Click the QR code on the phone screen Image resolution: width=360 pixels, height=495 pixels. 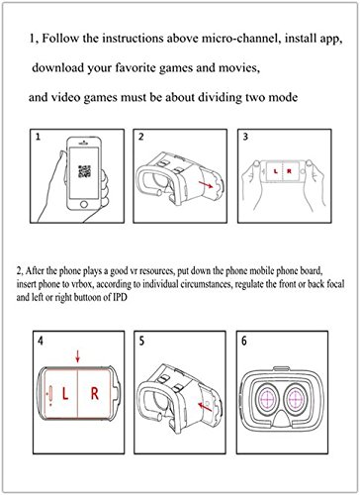click(x=84, y=171)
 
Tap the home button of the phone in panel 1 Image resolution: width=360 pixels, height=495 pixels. click(x=84, y=204)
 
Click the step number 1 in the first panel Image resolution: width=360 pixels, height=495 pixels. click(x=38, y=137)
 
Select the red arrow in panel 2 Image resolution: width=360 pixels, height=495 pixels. click(x=207, y=184)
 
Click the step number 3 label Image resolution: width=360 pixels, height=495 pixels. click(x=245, y=137)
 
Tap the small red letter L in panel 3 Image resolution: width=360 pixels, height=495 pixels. click(x=276, y=171)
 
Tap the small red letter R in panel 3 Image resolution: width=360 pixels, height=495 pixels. click(x=289, y=171)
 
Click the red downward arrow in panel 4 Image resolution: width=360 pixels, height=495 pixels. click(x=78, y=356)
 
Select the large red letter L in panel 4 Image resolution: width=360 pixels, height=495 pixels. click(x=65, y=394)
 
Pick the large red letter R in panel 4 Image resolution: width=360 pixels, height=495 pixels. click(x=95, y=394)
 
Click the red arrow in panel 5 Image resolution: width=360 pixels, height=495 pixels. click(x=205, y=407)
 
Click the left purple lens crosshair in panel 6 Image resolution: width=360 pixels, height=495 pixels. click(x=268, y=399)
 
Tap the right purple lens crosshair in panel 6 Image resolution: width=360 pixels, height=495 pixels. click(x=297, y=399)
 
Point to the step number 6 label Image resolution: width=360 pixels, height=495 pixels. click(x=244, y=341)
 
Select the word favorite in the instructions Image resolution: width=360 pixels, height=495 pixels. click(x=135, y=68)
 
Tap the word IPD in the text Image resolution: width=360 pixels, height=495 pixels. click(x=120, y=297)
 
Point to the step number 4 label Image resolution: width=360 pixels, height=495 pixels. click(x=41, y=341)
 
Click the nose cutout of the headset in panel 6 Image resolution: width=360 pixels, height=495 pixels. click(x=282, y=420)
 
